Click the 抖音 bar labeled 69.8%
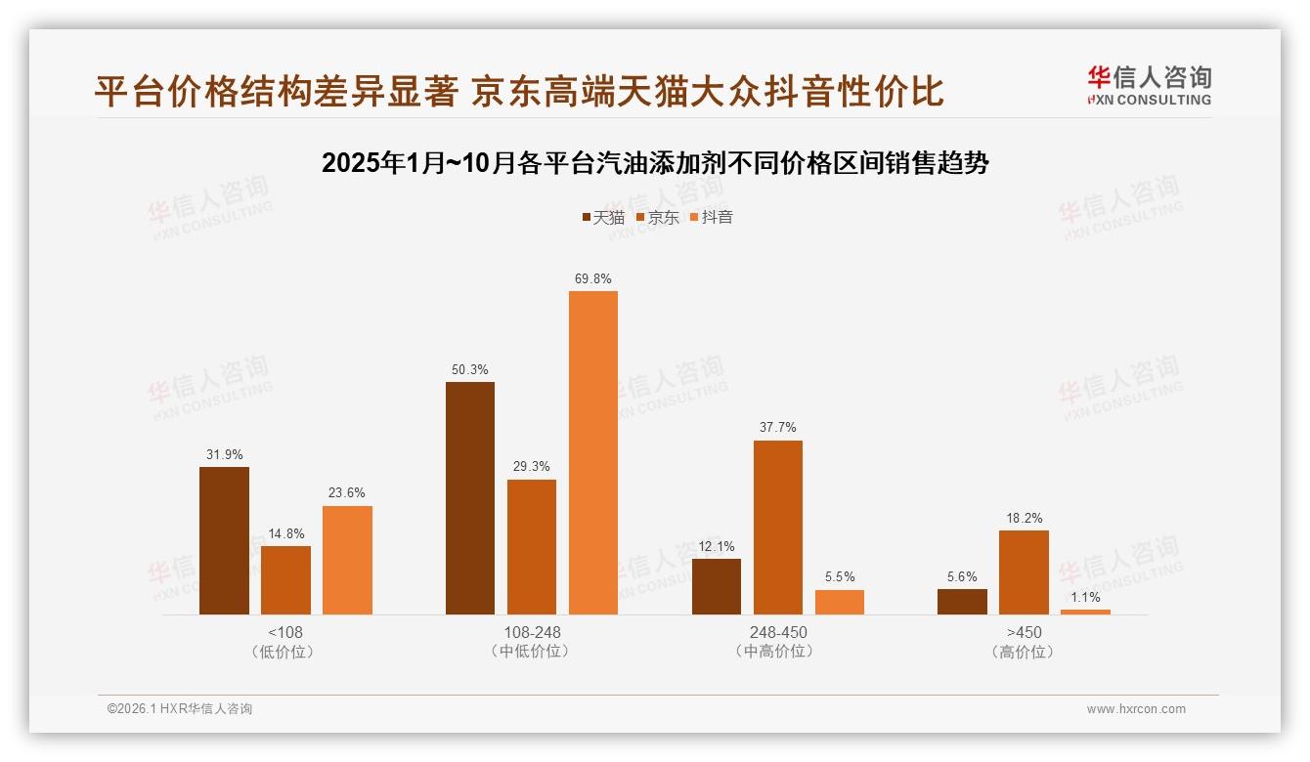pyautogui.click(x=593, y=452)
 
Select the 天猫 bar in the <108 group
pyautogui.click(x=224, y=540)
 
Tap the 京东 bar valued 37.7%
pyautogui.click(x=777, y=528)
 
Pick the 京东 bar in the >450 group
pyautogui.click(x=1024, y=572)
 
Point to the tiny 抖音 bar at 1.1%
pyautogui.click(x=1085, y=612)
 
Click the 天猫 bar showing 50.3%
pyautogui.click(x=470, y=498)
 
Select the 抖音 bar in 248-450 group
pyautogui.click(x=840, y=602)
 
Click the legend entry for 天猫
pyautogui.click(x=603, y=217)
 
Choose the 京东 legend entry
pyautogui.click(x=658, y=217)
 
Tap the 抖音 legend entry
pyautogui.click(x=712, y=217)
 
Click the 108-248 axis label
pyautogui.click(x=532, y=632)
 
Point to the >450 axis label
pyautogui.click(x=1024, y=632)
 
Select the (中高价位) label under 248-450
pyautogui.click(x=777, y=652)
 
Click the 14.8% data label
pyautogui.click(x=285, y=533)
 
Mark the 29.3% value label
pyautogui.click(x=532, y=466)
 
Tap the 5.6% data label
pyautogui.click(x=962, y=576)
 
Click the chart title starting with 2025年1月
pyautogui.click(x=655, y=163)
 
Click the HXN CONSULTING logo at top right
pyautogui.click(x=1149, y=85)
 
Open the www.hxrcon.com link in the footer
pyautogui.click(x=1136, y=709)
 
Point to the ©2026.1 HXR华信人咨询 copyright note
pyautogui.click(x=180, y=709)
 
